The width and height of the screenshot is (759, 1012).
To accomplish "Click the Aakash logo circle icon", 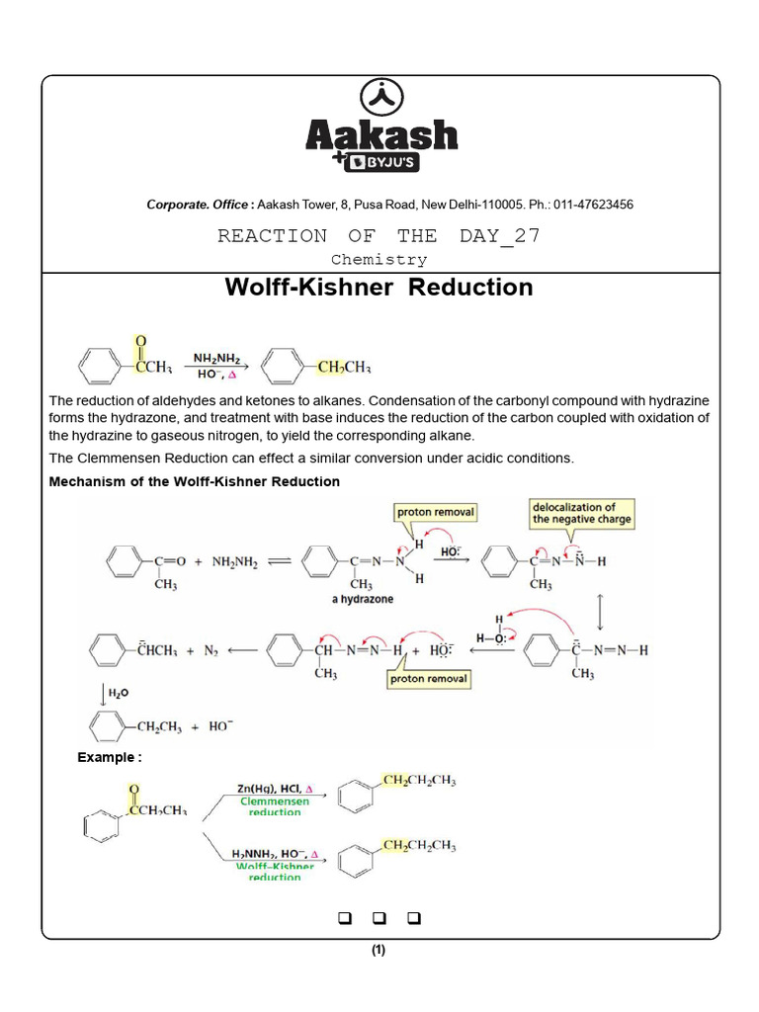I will (379, 97).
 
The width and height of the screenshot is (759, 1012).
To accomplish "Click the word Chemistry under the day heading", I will (379, 260).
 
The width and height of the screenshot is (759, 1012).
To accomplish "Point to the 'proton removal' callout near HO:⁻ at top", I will (435, 512).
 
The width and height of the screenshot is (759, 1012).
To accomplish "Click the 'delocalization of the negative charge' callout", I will (581, 513).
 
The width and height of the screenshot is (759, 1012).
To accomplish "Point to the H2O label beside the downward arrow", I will (117, 695).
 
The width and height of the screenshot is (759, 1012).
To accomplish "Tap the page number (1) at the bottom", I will (379, 951).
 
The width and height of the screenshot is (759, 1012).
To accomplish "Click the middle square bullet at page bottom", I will (379, 918).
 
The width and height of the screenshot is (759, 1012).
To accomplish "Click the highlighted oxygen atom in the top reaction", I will (140, 341).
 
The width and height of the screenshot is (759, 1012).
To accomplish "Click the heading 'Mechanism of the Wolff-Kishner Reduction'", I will (195, 481).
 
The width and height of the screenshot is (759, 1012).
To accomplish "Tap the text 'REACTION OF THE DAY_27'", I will (379, 236).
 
